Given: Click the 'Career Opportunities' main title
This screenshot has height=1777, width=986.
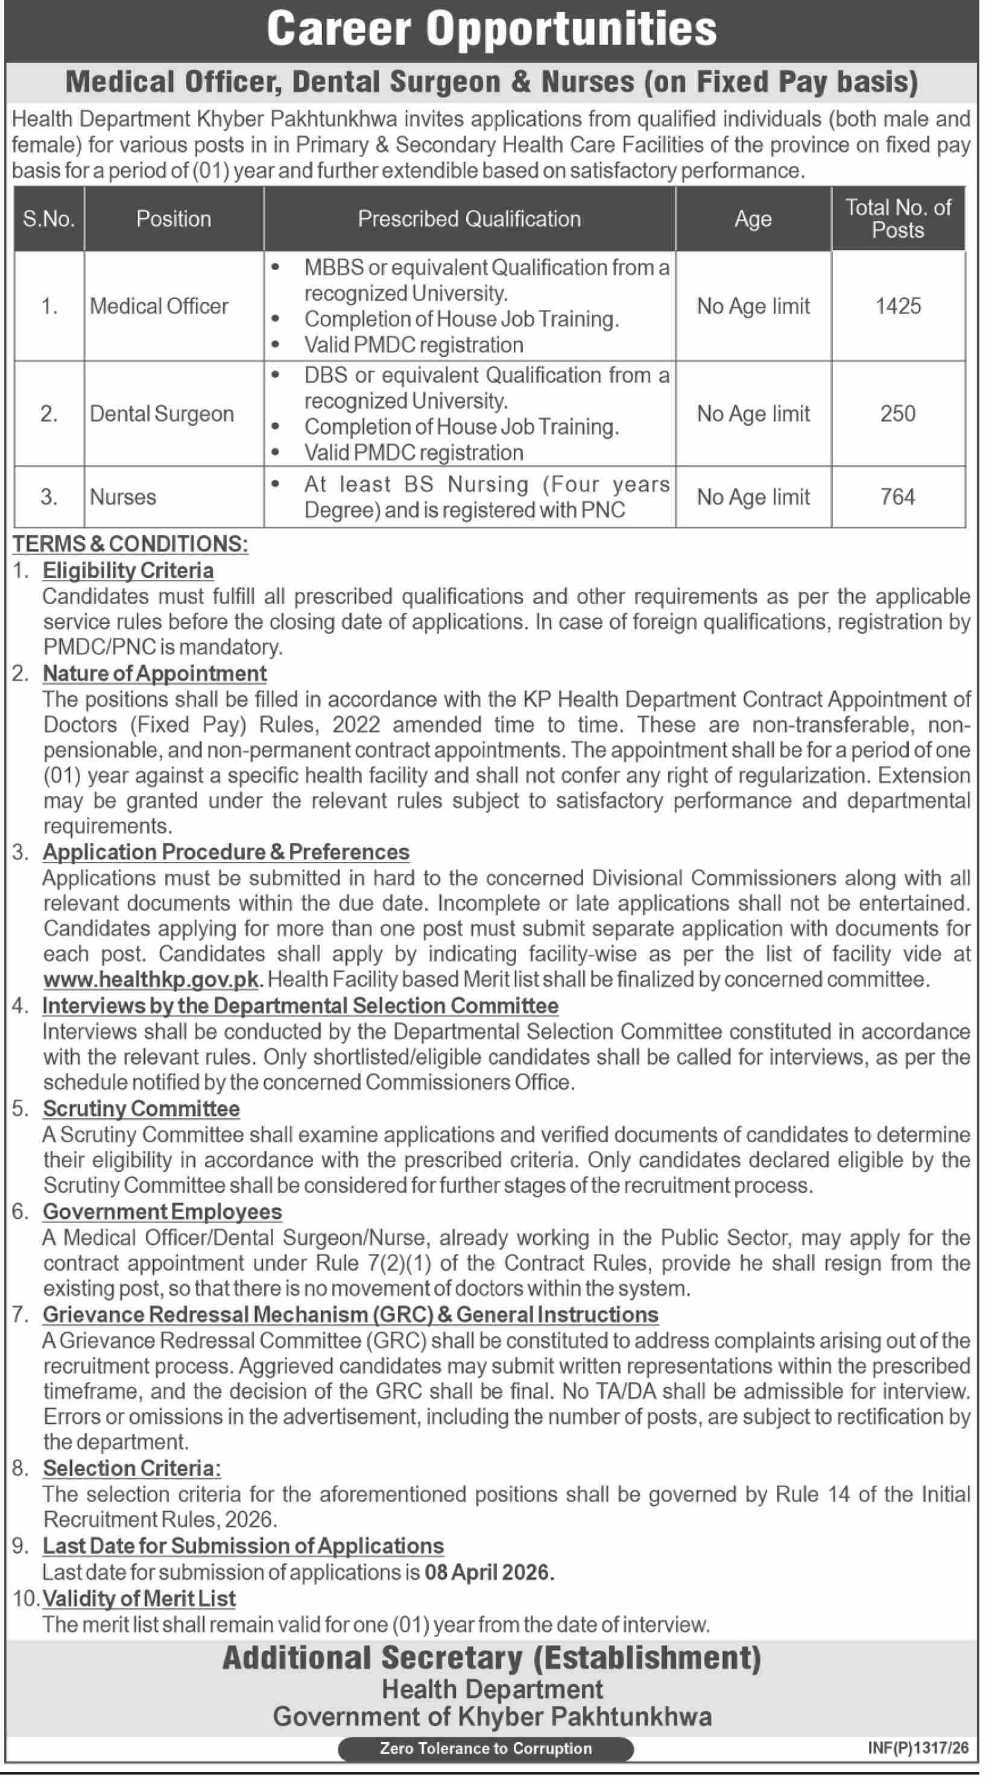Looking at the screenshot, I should click(x=491, y=30).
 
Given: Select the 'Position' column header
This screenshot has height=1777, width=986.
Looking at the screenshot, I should click(x=173, y=219).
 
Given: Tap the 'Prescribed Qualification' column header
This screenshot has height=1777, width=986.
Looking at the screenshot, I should click(x=469, y=219).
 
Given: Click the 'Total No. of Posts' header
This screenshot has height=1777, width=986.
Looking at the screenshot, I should click(x=898, y=218).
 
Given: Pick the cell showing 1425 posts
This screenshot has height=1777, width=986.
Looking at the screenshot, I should click(x=898, y=306).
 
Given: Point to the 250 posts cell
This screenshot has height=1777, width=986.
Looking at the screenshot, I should click(x=898, y=414).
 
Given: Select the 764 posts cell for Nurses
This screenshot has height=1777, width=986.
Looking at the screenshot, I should click(x=898, y=497).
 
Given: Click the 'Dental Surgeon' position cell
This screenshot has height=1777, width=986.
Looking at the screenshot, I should click(x=162, y=414).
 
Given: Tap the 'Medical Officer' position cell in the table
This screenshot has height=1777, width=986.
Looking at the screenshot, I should click(x=159, y=306).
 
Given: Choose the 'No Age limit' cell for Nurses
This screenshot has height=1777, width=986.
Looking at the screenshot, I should click(x=753, y=497).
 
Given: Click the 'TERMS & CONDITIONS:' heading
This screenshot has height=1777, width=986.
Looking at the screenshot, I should click(x=130, y=544).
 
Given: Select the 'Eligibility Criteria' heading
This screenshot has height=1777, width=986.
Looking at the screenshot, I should click(x=128, y=570).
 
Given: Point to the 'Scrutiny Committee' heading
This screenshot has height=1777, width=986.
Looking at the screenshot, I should click(x=142, y=1109).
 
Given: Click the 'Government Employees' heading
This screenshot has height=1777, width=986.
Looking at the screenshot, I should click(x=162, y=1212).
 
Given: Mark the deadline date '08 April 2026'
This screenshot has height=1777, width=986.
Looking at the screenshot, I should click(x=489, y=1572).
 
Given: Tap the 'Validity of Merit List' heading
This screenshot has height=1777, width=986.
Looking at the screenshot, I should click(x=139, y=1599).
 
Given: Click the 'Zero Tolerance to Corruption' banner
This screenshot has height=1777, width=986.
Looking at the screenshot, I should click(x=485, y=1748).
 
